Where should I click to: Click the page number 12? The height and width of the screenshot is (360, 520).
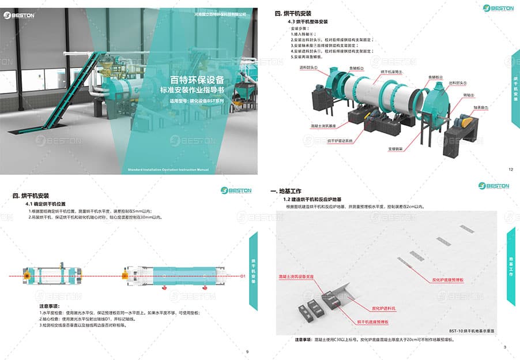511,170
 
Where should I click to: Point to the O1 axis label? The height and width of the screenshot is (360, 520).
243,277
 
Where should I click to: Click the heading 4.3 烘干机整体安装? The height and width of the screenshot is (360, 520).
308,21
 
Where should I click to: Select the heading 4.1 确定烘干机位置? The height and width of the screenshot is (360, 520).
49,204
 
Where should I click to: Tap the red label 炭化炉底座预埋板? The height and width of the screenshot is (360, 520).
451,279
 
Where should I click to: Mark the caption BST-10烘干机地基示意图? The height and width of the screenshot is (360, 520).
472,331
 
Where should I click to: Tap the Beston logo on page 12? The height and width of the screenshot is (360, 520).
496,8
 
